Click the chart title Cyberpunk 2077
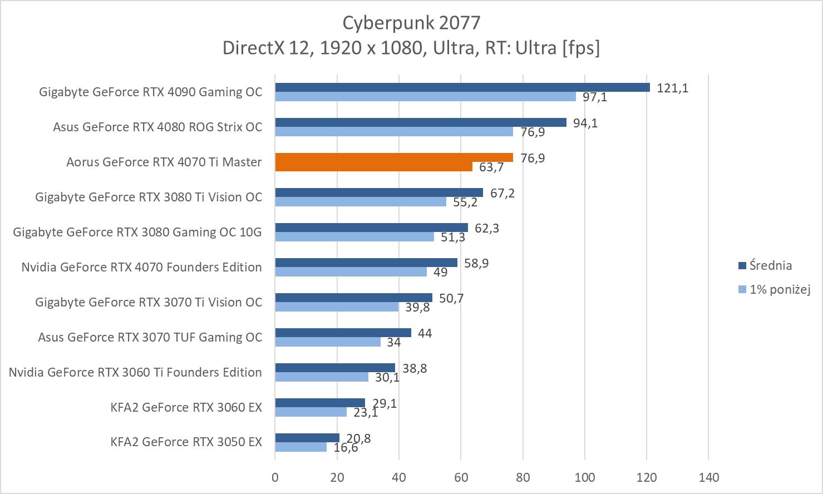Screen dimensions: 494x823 411,23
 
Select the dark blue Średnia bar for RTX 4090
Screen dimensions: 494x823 462,87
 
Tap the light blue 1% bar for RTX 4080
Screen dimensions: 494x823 394,132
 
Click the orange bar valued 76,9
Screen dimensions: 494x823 394,157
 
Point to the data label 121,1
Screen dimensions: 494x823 672,88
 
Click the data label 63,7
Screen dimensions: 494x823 491,167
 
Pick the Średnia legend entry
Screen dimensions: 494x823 770,266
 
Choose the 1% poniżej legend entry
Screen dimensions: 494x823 779,289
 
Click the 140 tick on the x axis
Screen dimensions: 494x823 708,477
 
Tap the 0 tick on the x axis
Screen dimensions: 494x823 275,477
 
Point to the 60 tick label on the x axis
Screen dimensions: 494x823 461,477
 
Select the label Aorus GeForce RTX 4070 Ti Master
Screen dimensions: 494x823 164,162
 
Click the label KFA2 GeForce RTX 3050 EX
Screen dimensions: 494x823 186,442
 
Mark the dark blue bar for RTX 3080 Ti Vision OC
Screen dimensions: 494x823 378,192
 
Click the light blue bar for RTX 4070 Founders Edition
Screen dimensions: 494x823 351,272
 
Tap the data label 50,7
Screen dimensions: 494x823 451,298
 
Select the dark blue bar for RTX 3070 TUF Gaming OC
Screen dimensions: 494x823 343,333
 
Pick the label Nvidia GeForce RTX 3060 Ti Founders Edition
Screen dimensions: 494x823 135,372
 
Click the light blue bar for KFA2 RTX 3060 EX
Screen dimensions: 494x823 311,412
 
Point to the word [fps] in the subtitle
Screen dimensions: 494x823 581,48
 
